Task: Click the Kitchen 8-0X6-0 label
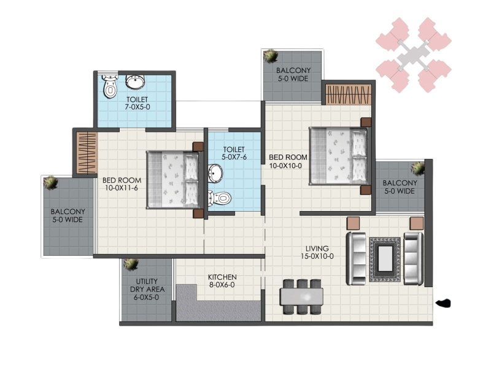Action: coord(222,281)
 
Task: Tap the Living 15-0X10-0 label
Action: coord(317,252)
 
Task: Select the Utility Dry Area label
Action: coord(147,289)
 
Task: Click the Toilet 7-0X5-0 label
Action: coord(137,103)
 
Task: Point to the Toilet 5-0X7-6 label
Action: coord(234,153)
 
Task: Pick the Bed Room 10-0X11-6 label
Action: coord(122,184)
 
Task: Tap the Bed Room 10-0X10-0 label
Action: coord(288,161)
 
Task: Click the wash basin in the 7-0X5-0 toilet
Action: coord(135,82)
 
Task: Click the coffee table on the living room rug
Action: coord(385,259)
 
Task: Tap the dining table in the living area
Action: coord(301,297)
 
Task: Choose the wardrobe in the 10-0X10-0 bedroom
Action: coord(349,94)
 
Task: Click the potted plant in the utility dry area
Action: coord(131,264)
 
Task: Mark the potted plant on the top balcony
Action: coord(270,56)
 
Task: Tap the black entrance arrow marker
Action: coord(443,303)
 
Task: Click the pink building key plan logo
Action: coord(414,55)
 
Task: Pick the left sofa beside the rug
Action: coord(356,258)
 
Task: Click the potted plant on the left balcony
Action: coord(50,183)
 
